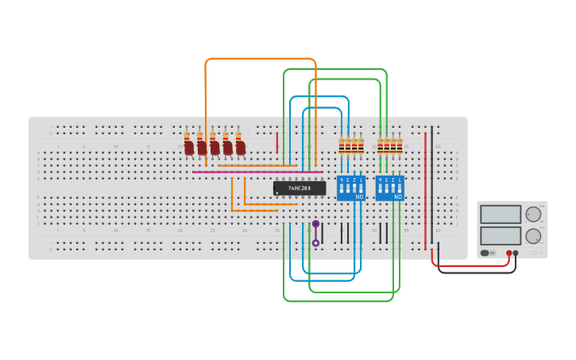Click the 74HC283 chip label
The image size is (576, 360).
click(x=300, y=188)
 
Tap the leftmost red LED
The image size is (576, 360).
click(x=189, y=148)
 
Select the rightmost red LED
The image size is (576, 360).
click(x=240, y=148)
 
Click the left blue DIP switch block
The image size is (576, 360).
click(x=350, y=188)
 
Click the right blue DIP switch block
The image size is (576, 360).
click(x=389, y=188)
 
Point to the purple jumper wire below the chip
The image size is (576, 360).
click(x=315, y=234)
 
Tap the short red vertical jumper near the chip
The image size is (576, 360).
click(x=276, y=143)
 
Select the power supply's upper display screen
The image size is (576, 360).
click(x=501, y=215)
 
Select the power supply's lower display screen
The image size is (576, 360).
click(x=501, y=236)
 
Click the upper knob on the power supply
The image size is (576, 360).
click(x=533, y=215)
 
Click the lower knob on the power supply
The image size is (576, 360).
click(x=533, y=236)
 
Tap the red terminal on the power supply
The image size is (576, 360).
click(x=509, y=254)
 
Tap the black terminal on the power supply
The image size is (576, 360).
click(x=516, y=254)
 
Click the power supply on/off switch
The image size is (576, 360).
click(x=485, y=254)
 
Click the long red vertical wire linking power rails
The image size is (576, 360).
click(x=425, y=191)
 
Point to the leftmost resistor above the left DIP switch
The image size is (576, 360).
click(x=342, y=145)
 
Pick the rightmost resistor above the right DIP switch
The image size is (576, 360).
click(x=399, y=145)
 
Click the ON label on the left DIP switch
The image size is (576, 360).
click(x=359, y=196)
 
